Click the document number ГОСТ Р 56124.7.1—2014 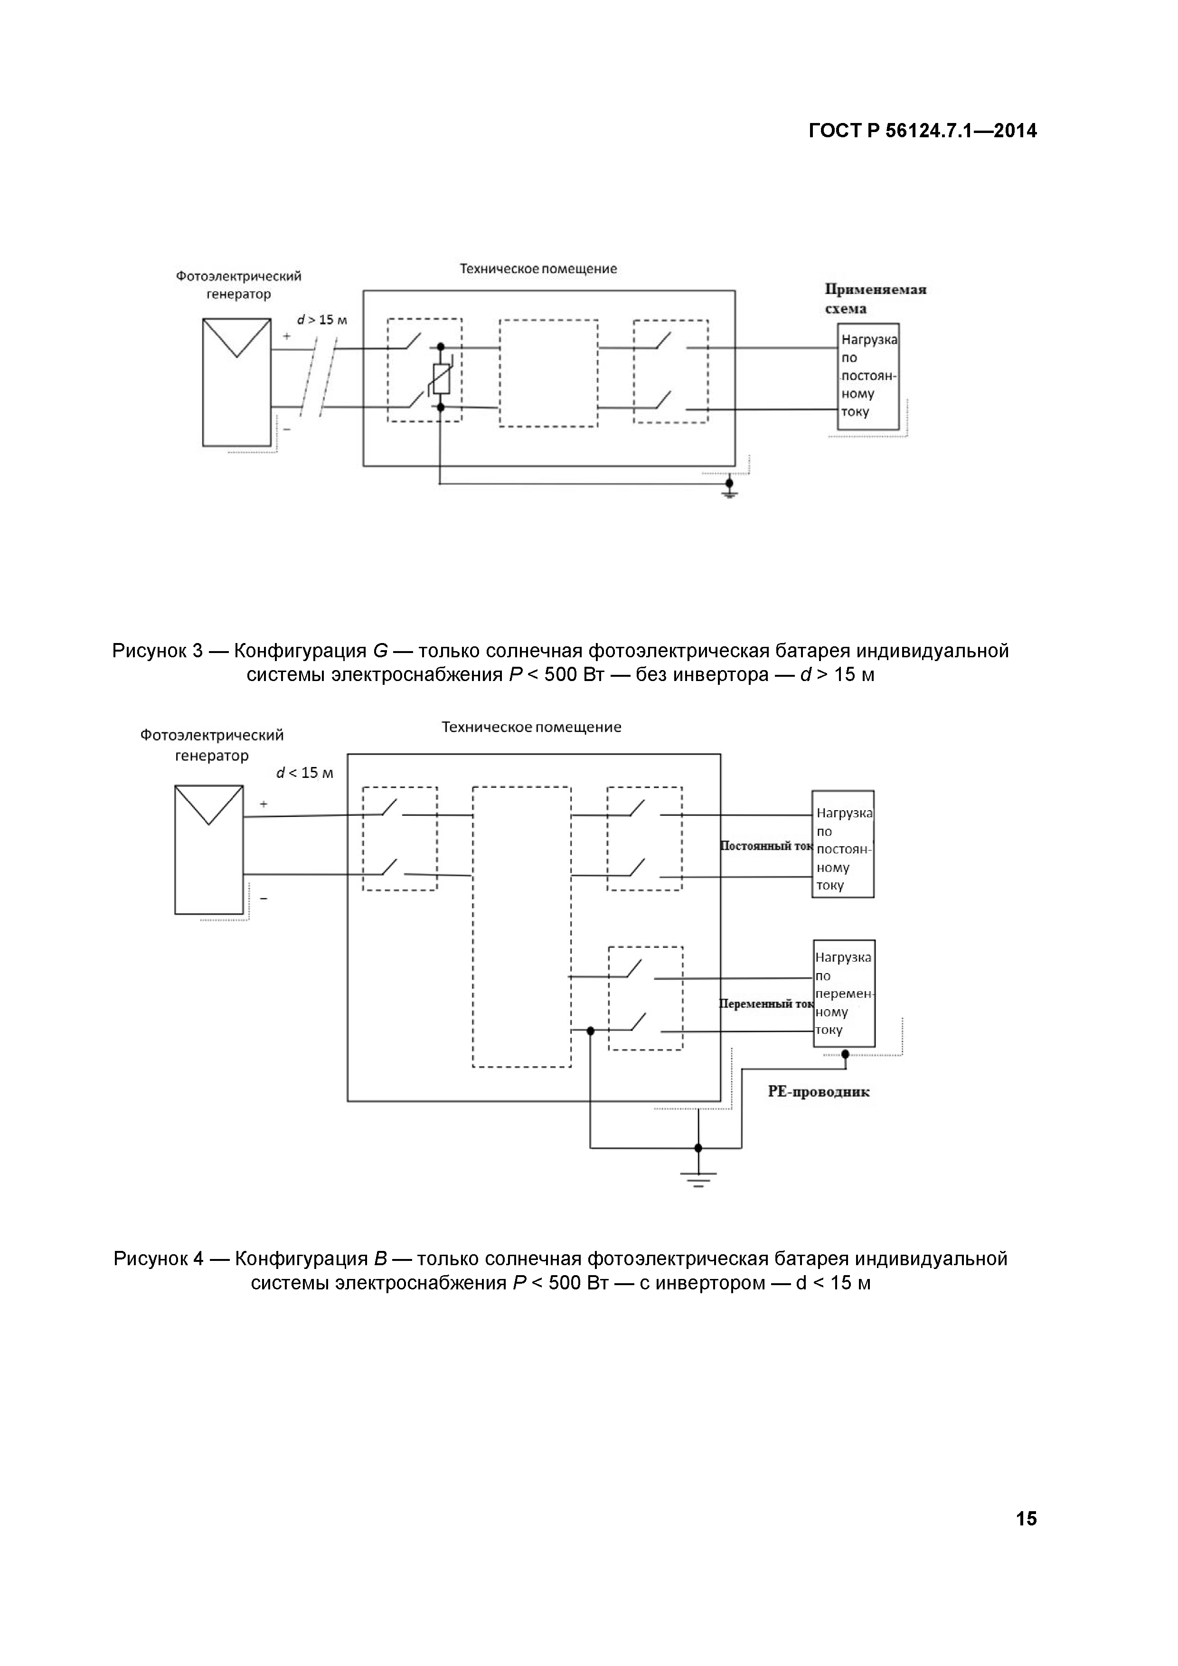point(923,132)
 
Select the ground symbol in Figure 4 point(698,1179)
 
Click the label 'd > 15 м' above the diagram point(322,320)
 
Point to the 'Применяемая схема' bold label point(876,299)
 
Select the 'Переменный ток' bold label point(766,1004)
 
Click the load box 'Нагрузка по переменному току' point(844,994)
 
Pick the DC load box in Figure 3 point(868,376)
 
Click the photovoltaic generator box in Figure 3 point(236,382)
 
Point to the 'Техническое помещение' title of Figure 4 point(532,727)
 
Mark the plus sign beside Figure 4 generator point(264,804)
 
